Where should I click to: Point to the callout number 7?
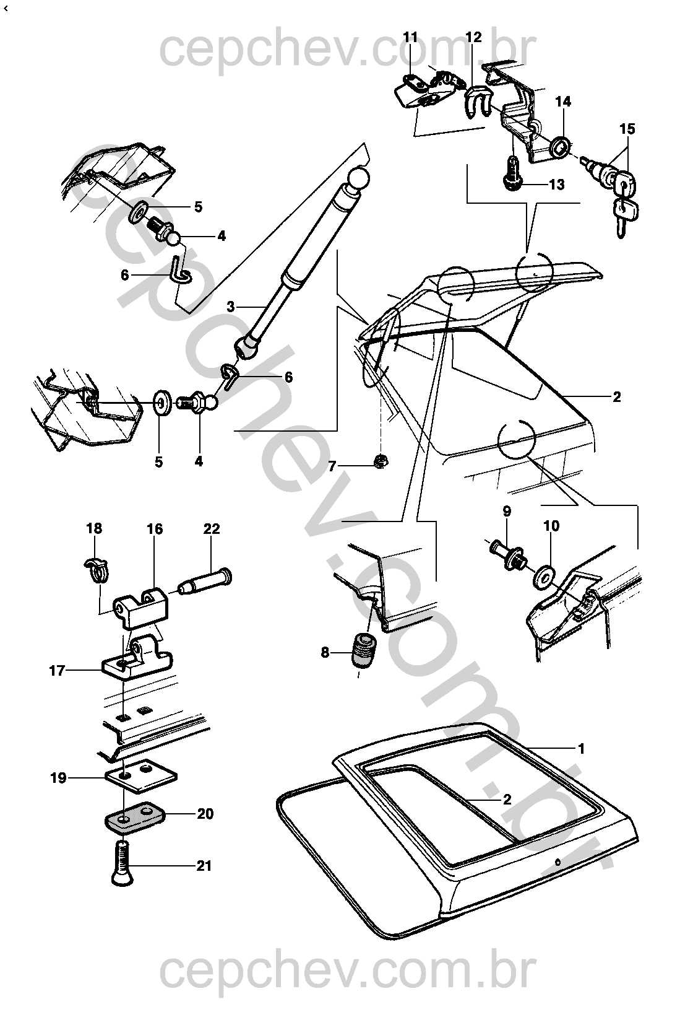(332, 466)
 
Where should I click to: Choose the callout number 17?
(57, 670)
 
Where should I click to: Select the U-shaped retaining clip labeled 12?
(476, 102)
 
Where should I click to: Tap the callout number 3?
(231, 306)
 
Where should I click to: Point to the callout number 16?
(155, 529)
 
